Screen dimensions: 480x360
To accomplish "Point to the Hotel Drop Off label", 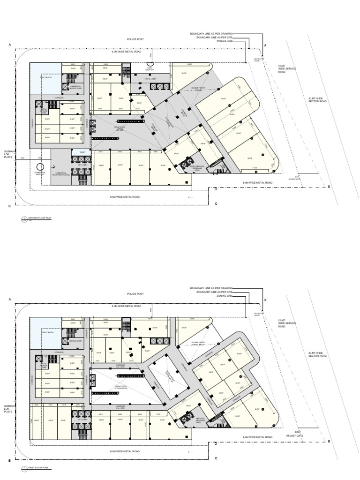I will (x=150, y=68).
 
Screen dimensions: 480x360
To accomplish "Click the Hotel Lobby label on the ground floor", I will (x=150, y=79).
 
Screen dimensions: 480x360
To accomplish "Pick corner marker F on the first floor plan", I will (x=265, y=300).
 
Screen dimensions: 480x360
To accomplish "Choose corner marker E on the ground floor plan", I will (x=329, y=187).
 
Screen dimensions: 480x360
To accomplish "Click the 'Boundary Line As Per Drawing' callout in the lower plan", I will (x=211, y=288).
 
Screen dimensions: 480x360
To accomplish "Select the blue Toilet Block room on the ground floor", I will (x=45, y=75).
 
